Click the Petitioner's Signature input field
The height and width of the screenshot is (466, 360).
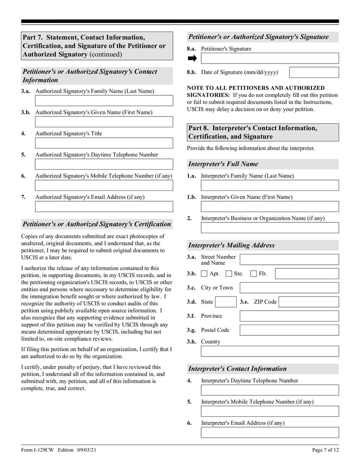click(x=270, y=59)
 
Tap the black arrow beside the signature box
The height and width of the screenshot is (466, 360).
click(x=192, y=59)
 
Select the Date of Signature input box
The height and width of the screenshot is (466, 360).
click(x=314, y=72)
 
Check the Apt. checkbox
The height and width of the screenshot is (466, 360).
click(x=204, y=273)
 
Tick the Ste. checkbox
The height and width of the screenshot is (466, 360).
click(x=229, y=273)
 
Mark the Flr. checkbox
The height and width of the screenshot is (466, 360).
click(x=253, y=273)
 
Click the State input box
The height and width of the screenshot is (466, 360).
click(x=225, y=302)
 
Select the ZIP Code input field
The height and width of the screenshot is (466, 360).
click(x=309, y=302)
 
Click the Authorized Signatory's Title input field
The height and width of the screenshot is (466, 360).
click(x=104, y=143)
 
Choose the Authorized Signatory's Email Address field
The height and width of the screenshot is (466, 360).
click(x=104, y=207)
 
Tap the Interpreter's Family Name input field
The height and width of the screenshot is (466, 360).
click(x=270, y=185)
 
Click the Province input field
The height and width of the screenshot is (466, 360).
click(x=289, y=316)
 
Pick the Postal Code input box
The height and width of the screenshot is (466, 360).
click(x=289, y=330)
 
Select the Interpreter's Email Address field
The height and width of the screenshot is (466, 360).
click(x=270, y=433)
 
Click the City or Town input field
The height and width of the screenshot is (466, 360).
click(x=289, y=288)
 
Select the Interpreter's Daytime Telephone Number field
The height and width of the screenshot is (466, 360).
click(x=270, y=390)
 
